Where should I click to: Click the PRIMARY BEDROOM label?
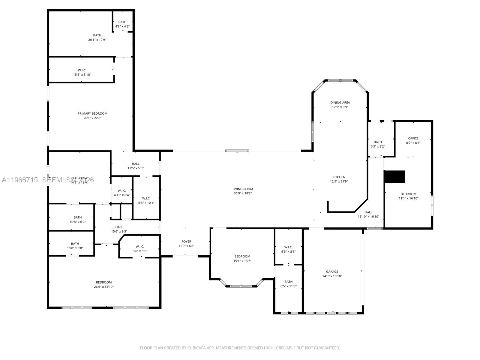click(92, 113)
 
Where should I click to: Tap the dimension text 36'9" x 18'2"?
click(242, 193)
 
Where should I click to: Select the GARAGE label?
click(332, 271)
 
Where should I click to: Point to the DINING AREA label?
click(340, 103)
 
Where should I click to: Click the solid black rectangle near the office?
click(394, 177)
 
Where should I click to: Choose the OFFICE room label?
click(413, 138)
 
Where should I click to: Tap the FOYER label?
click(186, 241)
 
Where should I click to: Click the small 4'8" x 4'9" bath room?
click(122, 24)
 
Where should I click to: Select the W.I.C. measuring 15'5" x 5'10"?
click(82, 72)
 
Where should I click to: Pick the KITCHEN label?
click(339, 177)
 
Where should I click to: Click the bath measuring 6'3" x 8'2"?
click(378, 144)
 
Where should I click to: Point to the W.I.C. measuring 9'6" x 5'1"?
click(140, 249)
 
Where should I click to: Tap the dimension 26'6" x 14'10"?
click(104, 287)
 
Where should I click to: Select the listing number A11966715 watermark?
click(20, 180)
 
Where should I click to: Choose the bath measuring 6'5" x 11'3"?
click(288, 284)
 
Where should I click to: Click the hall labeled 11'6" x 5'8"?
click(136, 166)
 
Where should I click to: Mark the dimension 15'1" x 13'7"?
click(242, 261)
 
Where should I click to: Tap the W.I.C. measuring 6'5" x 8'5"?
click(288, 249)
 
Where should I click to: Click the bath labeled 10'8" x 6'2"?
click(77, 220)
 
